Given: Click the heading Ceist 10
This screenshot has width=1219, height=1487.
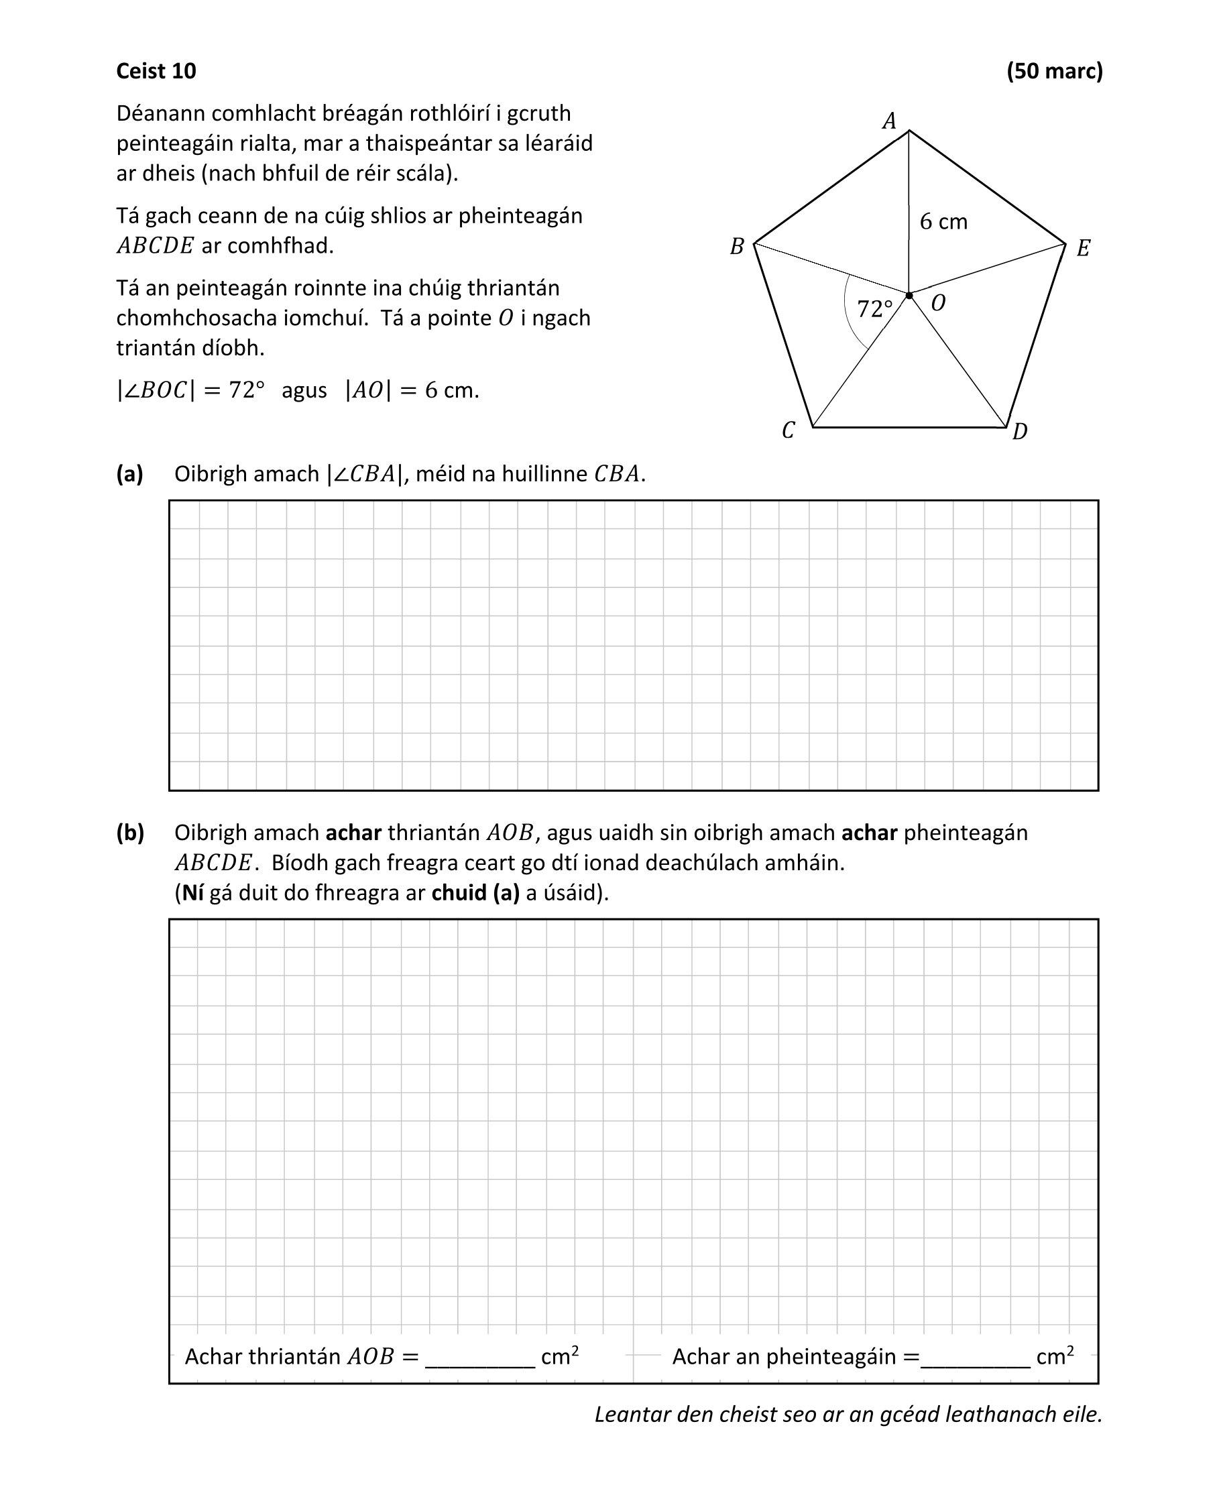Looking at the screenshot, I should pos(156,71).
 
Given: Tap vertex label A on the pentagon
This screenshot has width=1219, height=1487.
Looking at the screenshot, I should pos(889,121).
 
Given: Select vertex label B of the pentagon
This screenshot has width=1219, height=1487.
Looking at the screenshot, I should pos(737,247).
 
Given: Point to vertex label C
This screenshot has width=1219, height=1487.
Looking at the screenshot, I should pos(788,430).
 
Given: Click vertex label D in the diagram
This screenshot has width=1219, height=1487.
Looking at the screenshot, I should pos(1020,432).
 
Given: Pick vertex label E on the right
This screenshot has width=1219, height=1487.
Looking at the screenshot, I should pos(1083,249).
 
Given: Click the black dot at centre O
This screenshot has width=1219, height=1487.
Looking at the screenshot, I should pos(909,296).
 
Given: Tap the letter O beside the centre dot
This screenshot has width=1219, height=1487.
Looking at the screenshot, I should pos(937,303).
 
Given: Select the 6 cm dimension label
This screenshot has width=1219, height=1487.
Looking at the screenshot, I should pos(943,222).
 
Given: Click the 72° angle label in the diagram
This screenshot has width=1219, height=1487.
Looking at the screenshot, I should pos(875,309).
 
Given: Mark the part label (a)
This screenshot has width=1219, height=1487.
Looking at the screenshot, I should pos(130,474).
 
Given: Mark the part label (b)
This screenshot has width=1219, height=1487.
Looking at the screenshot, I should pos(130,833).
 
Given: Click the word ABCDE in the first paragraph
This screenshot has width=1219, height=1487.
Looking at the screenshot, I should pos(154,246).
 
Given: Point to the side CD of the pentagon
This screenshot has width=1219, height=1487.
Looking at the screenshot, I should pos(909,427).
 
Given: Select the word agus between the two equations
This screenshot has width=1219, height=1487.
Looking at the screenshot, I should pos(304,390).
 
